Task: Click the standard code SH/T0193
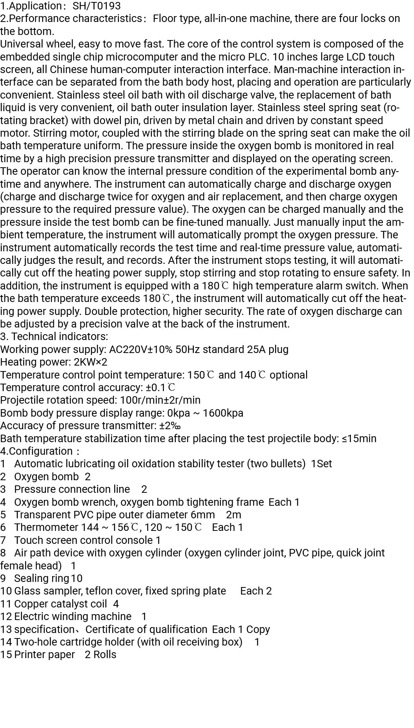tap(97, 6)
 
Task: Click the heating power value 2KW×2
tap(90, 362)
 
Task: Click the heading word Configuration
tap(41, 451)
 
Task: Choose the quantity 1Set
tap(321, 464)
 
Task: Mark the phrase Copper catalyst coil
tap(60, 604)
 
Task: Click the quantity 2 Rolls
tap(100, 655)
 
